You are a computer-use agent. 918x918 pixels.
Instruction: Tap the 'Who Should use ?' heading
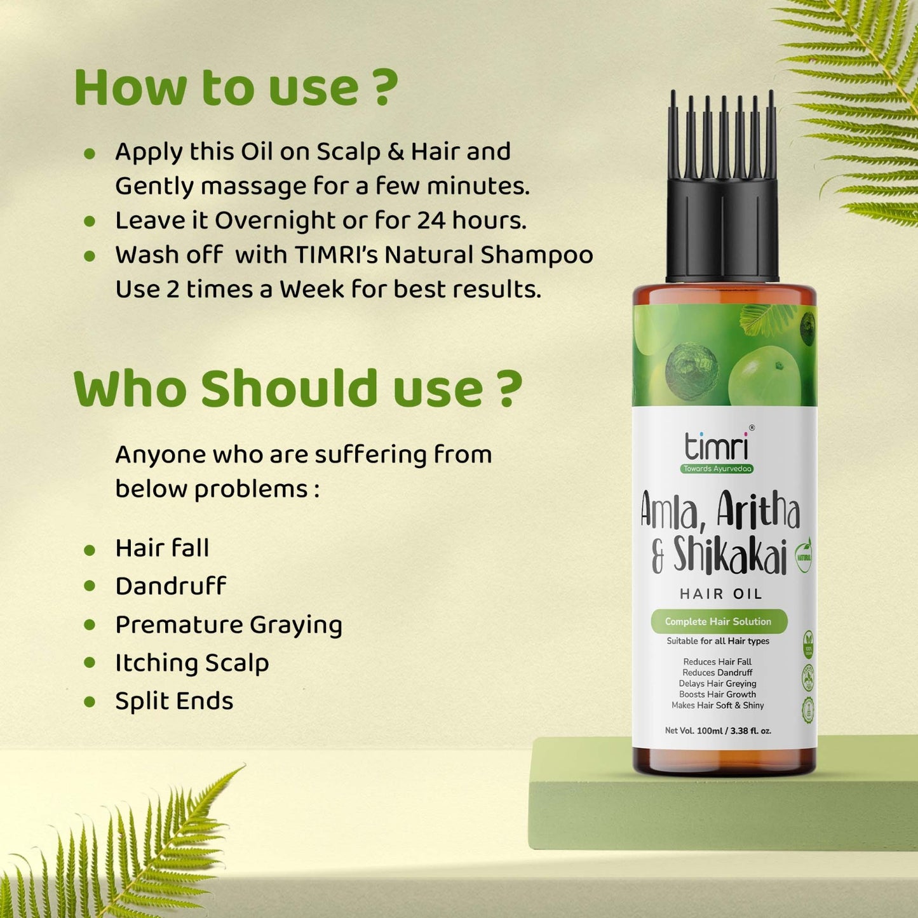tap(297, 388)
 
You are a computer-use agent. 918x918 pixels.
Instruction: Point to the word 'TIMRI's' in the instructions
tap(336, 255)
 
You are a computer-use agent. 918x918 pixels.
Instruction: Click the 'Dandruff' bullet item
tap(170, 586)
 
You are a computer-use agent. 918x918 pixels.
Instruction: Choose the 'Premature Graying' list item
tap(228, 624)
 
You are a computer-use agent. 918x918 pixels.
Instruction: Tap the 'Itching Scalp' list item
tap(192, 663)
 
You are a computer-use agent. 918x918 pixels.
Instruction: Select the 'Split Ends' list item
tap(174, 701)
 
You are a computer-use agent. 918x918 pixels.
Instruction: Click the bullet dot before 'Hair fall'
tap(90, 549)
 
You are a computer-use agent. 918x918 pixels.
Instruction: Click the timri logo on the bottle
tap(717, 446)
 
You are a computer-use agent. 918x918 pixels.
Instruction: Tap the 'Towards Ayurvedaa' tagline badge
tap(717, 469)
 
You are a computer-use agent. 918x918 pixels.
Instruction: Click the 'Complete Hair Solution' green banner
tap(718, 621)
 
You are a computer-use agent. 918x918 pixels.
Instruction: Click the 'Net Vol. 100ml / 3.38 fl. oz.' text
tap(718, 731)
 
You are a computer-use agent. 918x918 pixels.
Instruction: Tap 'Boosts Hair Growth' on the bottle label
tap(717, 694)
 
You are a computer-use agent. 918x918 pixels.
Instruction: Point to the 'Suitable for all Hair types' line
tap(718, 641)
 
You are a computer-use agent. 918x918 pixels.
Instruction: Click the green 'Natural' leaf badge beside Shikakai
tap(804, 557)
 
